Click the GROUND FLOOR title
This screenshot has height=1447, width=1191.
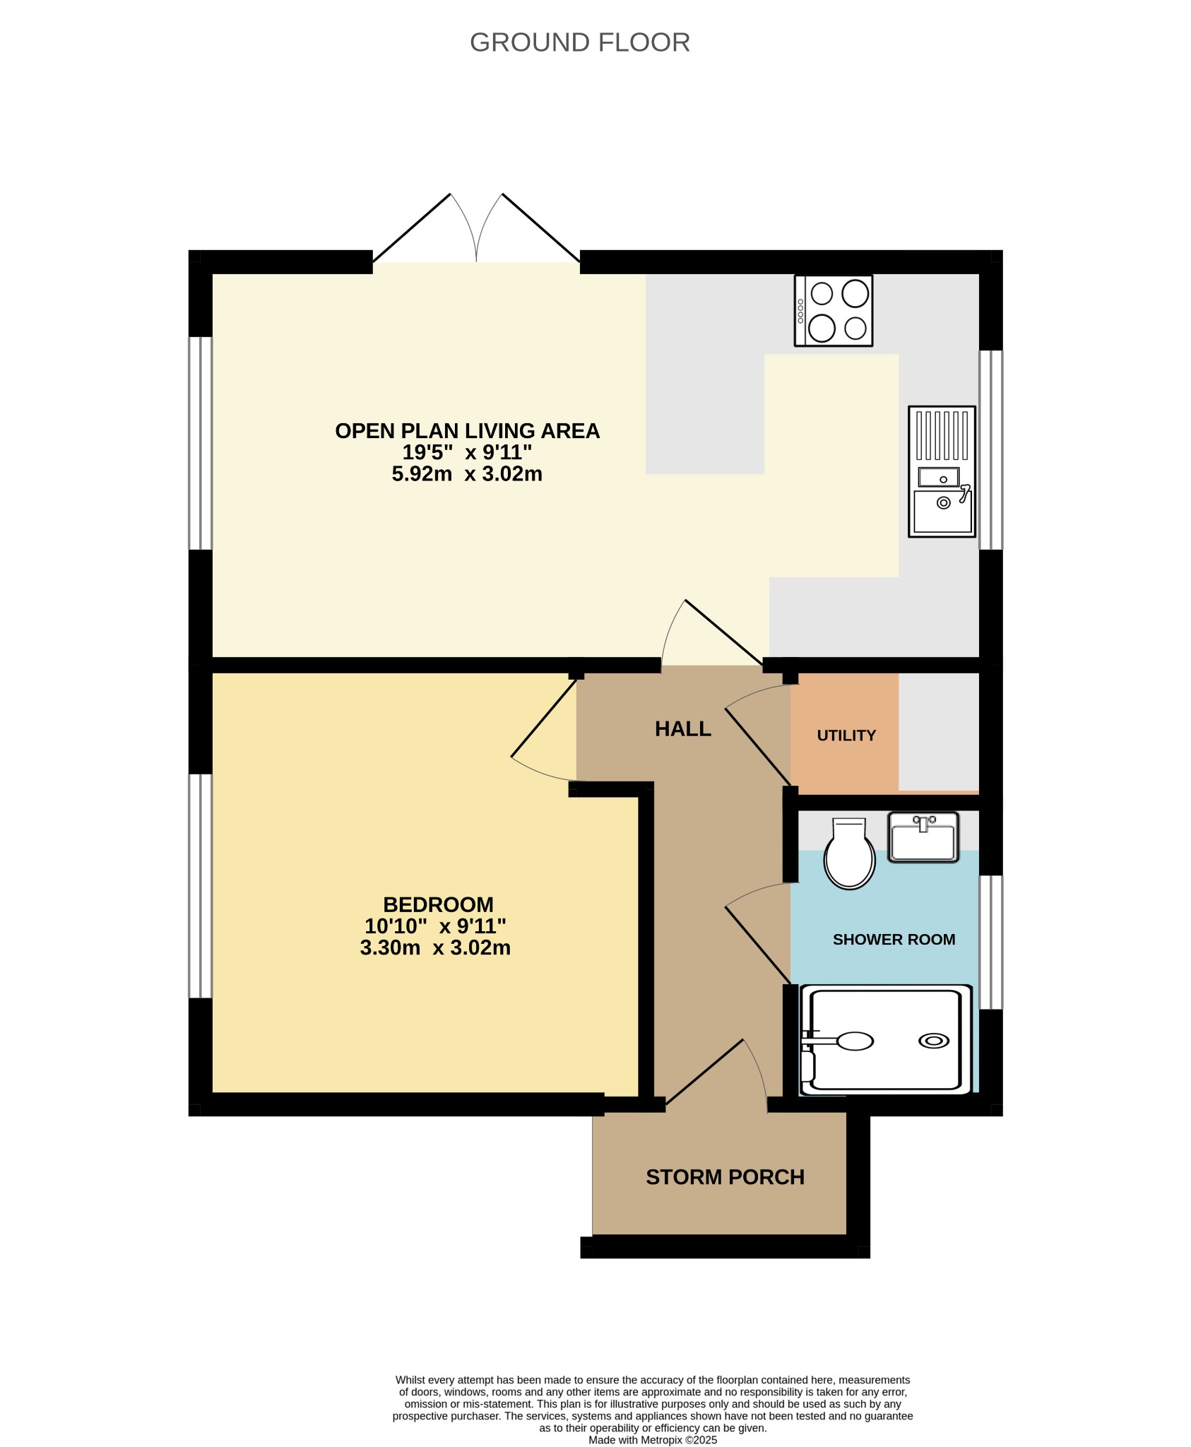[x=579, y=42]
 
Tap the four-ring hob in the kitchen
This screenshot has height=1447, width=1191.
[x=834, y=311]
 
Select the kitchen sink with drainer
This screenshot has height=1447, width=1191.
[x=942, y=471]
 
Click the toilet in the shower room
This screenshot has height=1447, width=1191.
[x=849, y=854]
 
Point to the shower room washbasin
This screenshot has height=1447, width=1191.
[x=923, y=837]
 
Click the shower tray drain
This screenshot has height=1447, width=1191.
[x=934, y=1041]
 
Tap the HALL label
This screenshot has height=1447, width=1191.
[x=682, y=729]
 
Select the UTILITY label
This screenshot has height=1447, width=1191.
[x=846, y=736]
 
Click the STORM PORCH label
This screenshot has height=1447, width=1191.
[x=725, y=1177]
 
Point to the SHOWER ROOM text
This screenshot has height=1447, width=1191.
[x=894, y=940]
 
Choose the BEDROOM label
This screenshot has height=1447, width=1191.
[x=438, y=904]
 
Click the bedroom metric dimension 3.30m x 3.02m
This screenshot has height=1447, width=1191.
[x=435, y=947]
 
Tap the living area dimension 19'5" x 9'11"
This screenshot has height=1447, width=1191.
[x=467, y=452]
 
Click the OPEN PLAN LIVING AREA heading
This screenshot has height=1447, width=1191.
[x=467, y=431]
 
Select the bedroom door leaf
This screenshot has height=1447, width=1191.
[x=544, y=718]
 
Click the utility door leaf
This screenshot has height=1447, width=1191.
[x=758, y=747]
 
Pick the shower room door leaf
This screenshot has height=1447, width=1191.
[x=758, y=945]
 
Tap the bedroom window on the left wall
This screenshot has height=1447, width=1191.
[x=201, y=886]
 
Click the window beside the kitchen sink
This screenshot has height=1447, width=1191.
[x=991, y=450]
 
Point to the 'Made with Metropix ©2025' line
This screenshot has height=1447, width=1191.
[x=653, y=1440]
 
